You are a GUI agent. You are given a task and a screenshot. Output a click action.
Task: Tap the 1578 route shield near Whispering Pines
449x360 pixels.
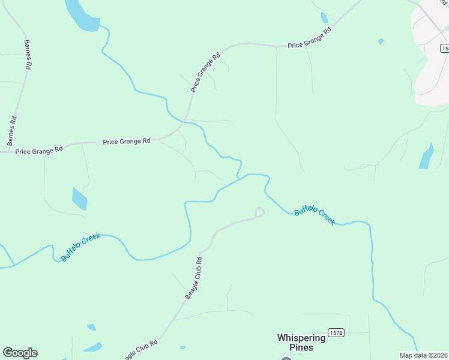336,332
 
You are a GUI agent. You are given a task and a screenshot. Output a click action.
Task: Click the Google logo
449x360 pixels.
20,353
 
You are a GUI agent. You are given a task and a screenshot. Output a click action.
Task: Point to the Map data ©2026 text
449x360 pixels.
423,355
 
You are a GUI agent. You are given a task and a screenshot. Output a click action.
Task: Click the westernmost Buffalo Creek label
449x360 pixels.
80,247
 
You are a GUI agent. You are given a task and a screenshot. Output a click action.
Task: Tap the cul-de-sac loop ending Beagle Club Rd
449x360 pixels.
259,212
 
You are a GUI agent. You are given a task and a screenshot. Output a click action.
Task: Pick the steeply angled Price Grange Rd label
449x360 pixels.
206,73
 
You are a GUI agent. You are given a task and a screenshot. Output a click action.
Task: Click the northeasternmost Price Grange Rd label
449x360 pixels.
310,38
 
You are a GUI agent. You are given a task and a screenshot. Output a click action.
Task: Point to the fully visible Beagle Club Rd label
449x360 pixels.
193,278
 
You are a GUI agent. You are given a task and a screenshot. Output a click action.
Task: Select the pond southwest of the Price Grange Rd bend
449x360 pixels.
79,199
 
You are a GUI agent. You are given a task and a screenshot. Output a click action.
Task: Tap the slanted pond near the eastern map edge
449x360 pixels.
426,157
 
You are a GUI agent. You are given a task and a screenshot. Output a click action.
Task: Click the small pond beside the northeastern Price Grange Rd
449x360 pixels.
324,17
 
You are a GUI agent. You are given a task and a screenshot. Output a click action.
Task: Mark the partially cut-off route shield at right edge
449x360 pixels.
445,48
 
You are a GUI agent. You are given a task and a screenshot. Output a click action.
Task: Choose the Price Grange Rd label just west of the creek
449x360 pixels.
126,142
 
